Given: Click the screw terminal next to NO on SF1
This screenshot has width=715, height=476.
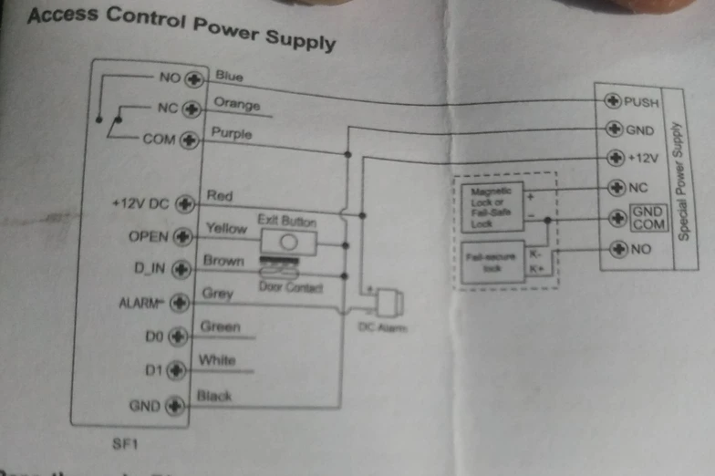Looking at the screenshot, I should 192,79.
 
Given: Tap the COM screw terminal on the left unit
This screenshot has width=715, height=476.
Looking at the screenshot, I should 190,140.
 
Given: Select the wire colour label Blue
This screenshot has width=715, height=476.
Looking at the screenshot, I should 229,78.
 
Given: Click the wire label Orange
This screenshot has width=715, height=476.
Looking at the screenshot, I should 236,104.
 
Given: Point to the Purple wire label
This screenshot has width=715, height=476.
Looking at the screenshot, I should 232,133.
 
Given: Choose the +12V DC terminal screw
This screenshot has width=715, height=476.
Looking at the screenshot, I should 186,203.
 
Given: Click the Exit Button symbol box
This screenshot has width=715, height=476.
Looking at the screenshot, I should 288,243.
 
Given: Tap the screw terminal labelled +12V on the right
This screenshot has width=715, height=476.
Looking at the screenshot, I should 616,158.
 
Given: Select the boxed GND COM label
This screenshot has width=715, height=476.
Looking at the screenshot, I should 648,218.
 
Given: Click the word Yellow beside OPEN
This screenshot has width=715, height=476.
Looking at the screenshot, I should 227,227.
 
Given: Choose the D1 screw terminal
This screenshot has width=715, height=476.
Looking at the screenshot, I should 177,370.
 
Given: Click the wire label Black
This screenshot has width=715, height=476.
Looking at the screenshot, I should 214,397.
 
